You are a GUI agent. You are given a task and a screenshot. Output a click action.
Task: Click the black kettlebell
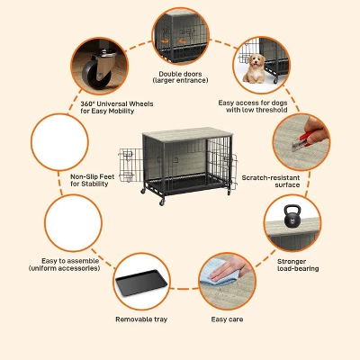[292, 216]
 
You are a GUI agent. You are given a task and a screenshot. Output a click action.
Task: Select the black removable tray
[141, 283]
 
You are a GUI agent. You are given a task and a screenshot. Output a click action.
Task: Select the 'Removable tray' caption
[141, 319]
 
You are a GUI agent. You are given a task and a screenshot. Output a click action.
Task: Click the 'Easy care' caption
[227, 319]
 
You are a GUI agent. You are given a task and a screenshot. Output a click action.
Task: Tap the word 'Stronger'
[292, 262]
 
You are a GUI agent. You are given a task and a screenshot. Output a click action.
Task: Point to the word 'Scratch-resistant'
[271, 177]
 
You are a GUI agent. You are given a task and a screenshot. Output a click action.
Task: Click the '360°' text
[88, 103]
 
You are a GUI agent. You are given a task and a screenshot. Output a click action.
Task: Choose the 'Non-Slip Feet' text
[93, 176]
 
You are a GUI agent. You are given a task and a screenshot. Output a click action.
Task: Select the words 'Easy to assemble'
[70, 261]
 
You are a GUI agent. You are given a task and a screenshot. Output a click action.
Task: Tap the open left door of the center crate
[130, 165]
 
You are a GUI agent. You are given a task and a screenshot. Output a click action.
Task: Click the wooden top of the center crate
[187, 134]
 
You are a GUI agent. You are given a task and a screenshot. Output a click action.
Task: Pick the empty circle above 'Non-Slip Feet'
[59, 142]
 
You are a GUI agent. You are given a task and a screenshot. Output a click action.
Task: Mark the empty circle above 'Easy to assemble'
[74, 223]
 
